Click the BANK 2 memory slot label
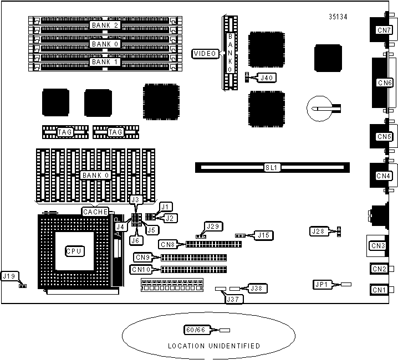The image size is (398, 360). pos(105,25)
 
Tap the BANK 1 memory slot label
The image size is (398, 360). pos(105,62)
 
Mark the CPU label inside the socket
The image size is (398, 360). pos(74,251)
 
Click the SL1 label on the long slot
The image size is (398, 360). pos(271,167)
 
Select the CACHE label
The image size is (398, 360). pos(95,211)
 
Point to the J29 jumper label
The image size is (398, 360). pos(213,226)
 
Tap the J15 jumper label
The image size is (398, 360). pos(262,235)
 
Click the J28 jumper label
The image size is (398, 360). pos(318,230)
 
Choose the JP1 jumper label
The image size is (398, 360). pos(321,285)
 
